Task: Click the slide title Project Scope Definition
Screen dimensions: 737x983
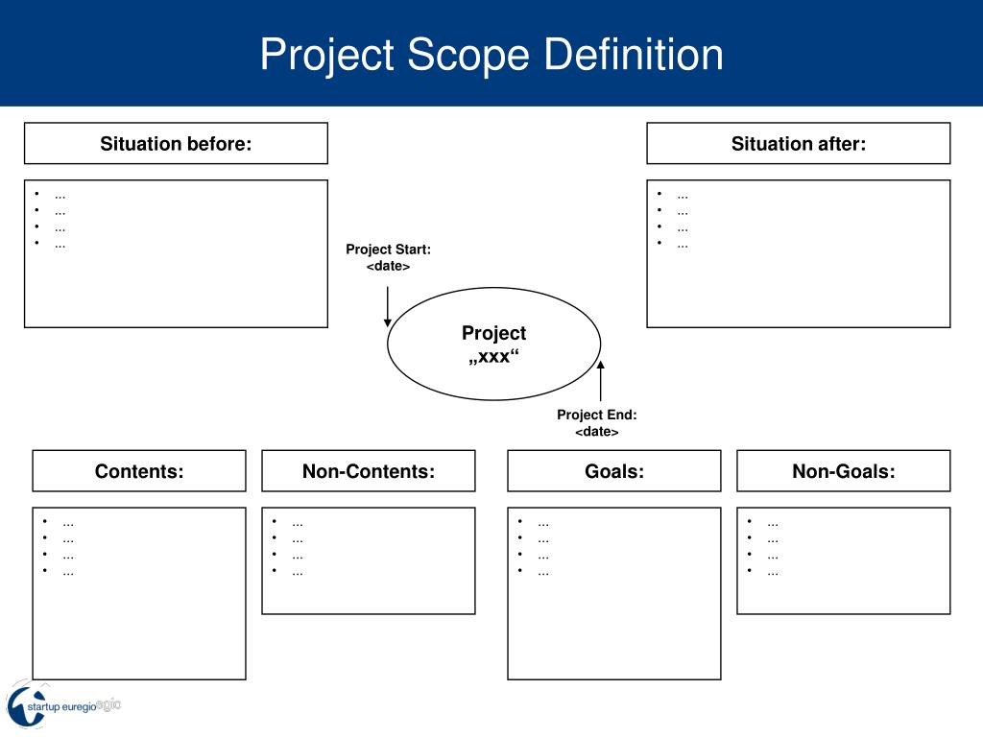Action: tap(491, 54)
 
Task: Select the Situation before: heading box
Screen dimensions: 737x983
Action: tap(176, 144)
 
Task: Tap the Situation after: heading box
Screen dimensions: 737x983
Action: tap(798, 144)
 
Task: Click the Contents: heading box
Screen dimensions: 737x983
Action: tap(139, 471)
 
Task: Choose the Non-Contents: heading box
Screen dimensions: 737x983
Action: tap(369, 471)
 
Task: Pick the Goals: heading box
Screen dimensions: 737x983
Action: tap(614, 471)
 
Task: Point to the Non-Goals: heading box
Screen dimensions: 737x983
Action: tap(843, 471)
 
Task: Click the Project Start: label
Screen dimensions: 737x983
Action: tap(388, 250)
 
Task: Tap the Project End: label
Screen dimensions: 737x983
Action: tap(597, 416)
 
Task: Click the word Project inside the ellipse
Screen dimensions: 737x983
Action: tap(493, 333)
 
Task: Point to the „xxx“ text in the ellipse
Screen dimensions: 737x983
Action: tap(493, 357)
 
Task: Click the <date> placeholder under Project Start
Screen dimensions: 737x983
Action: tap(388, 266)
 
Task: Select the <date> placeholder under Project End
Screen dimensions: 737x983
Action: tap(597, 432)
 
